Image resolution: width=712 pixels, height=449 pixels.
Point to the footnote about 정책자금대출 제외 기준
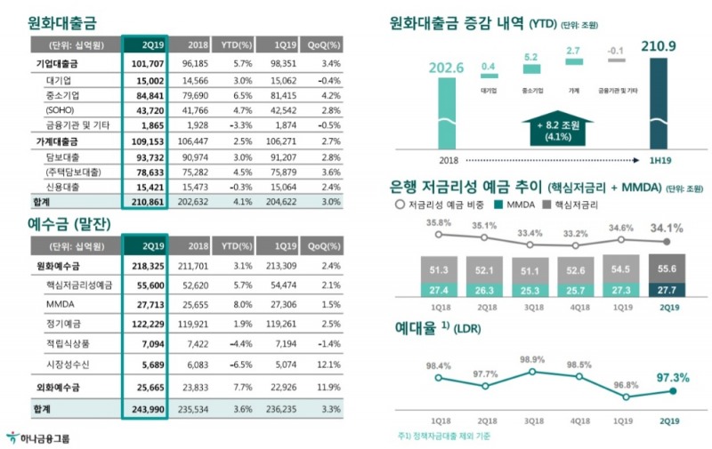pos(445,437)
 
